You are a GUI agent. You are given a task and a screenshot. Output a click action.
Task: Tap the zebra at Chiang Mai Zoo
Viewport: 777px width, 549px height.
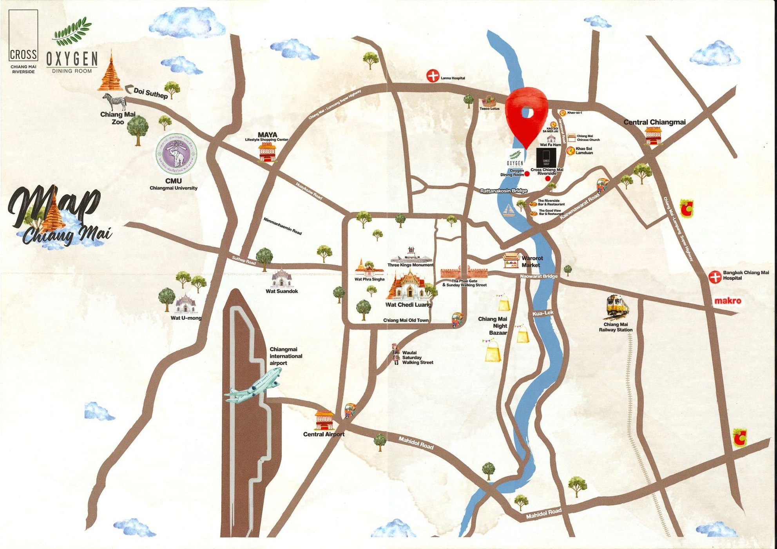point(114,101)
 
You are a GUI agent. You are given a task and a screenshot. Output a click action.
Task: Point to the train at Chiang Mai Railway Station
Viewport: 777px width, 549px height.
point(617,306)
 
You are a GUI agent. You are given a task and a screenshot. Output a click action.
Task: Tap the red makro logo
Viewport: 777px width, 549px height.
point(728,301)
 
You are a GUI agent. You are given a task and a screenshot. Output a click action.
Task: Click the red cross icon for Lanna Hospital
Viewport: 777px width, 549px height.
point(433,76)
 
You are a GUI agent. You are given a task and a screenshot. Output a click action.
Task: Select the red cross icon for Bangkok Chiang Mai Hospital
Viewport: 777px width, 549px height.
point(715,277)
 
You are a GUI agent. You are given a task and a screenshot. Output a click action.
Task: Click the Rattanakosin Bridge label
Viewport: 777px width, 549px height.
point(504,191)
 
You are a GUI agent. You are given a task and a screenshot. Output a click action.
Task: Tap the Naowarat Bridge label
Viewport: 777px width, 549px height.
point(539,276)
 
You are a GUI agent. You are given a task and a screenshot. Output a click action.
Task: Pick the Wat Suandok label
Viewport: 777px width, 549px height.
point(282,291)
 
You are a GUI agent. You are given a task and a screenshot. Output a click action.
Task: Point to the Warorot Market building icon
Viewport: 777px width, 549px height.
point(511,259)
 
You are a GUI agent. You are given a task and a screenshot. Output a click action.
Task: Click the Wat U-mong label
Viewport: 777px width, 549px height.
point(186,318)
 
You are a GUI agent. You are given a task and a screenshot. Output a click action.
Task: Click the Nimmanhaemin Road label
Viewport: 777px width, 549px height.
point(283,226)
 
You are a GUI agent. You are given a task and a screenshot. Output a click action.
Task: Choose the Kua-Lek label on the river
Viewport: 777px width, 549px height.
point(543,313)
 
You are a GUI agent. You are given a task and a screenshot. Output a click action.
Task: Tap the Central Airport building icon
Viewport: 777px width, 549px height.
point(324,420)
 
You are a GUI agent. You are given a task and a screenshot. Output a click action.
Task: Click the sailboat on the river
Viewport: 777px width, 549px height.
point(509,210)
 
